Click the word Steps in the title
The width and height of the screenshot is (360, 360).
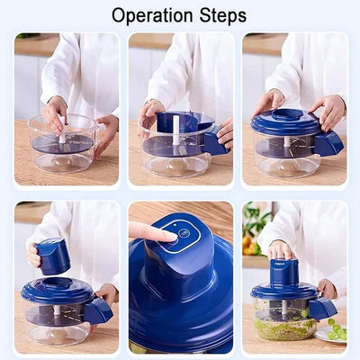point(219,15)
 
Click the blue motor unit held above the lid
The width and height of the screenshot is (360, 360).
point(54,256)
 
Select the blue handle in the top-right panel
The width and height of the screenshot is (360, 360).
point(328,141)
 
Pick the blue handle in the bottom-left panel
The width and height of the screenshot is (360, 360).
point(98,310)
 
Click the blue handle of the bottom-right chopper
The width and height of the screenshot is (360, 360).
point(321,308)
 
